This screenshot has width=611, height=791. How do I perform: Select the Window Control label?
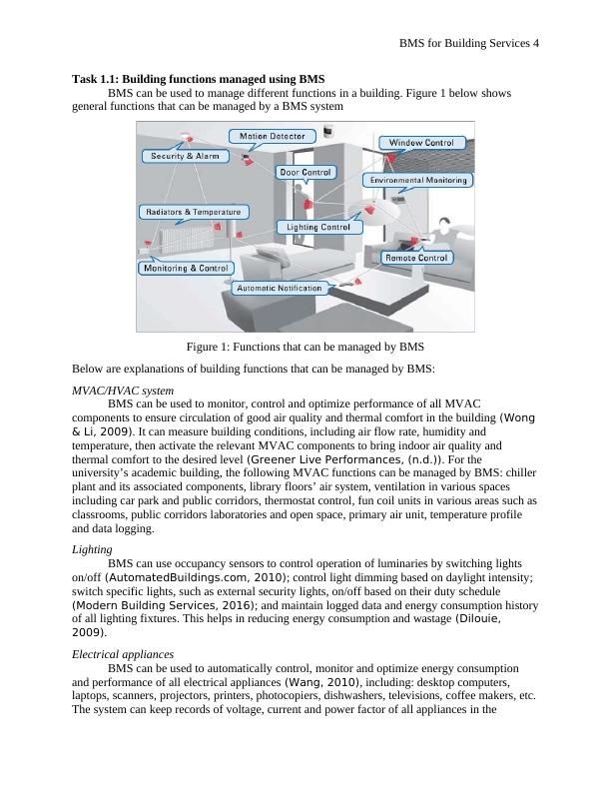tap(420, 143)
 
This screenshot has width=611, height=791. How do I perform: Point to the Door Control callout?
tap(305, 172)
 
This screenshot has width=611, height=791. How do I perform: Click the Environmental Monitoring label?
tap(417, 180)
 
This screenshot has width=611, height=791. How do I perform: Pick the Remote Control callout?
tap(416, 258)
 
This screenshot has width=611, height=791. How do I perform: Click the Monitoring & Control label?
tap(187, 268)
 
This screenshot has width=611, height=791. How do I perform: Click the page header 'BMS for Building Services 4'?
tap(469, 43)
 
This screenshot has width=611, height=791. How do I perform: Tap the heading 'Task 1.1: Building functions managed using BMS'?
tap(199, 79)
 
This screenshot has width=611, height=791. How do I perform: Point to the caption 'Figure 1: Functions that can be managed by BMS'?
tap(305, 347)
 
